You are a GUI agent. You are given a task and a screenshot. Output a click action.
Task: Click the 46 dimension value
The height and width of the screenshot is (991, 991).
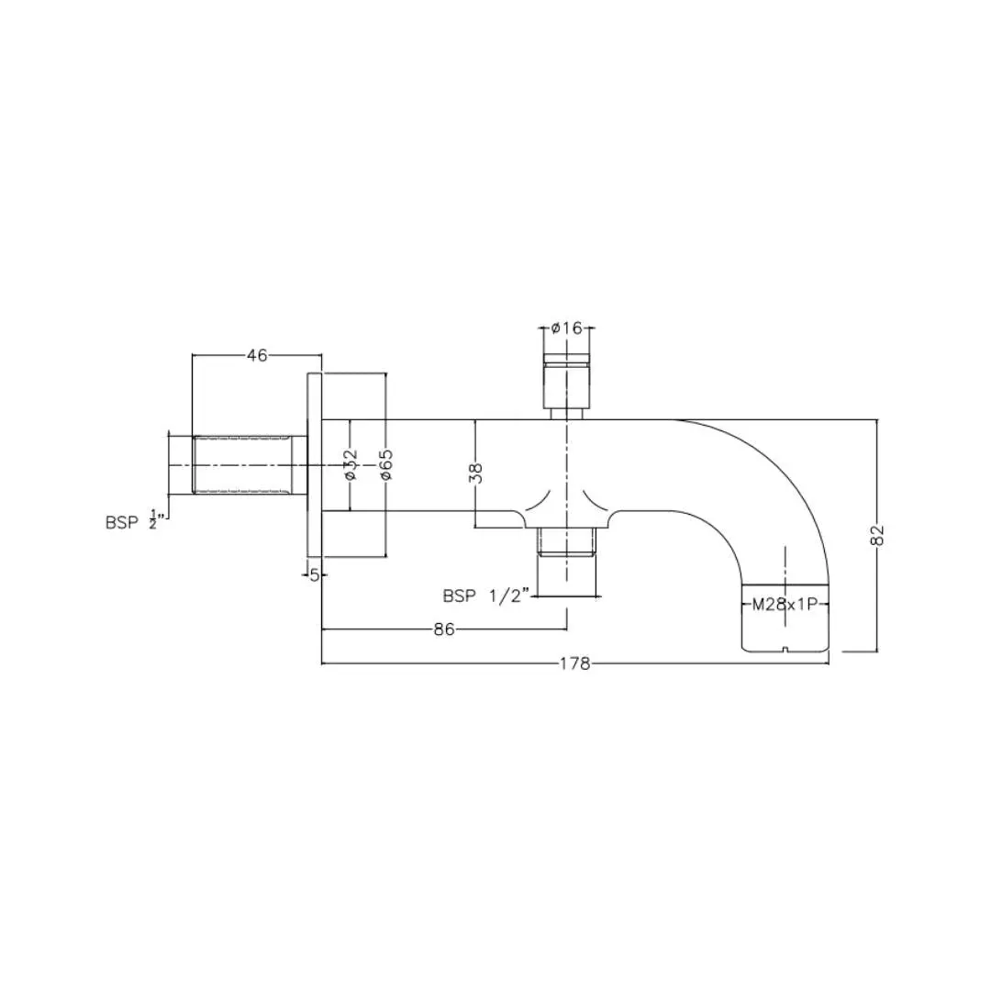257,355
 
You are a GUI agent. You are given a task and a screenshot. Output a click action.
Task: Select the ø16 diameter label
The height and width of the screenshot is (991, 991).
566,328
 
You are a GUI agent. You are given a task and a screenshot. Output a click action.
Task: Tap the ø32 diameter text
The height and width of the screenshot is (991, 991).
351,464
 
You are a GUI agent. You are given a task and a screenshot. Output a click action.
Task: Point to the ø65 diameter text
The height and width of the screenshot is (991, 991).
386,464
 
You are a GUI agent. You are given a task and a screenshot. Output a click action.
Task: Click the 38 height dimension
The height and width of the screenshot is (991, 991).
477,473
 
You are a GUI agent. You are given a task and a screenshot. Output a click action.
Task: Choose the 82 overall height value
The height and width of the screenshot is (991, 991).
878,535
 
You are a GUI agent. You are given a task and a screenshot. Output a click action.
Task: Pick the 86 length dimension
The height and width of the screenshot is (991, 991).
444,629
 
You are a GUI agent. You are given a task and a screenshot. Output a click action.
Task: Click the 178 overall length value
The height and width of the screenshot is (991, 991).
575,663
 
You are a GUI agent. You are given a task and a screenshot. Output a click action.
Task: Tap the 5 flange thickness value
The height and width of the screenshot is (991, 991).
315,575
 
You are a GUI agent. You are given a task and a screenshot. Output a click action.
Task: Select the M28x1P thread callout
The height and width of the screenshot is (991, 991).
785,605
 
